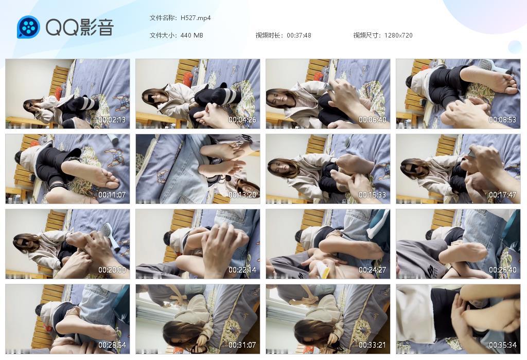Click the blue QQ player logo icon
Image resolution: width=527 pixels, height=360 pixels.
pos(28,27)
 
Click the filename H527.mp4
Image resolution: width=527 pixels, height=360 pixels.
pos(196,18)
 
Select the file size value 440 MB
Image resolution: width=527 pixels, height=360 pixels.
pos(192,35)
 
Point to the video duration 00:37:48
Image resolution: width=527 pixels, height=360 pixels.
pos(299,35)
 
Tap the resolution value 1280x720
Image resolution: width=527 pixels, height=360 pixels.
pos(398,35)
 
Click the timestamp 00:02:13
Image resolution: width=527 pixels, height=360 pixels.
pos(112,120)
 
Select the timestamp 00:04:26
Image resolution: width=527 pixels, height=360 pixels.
pos(242,120)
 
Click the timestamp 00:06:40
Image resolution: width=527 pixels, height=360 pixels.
pos(373,120)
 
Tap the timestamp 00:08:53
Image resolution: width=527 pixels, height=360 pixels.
pos(503,120)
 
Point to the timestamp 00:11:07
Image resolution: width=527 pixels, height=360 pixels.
pos(112,195)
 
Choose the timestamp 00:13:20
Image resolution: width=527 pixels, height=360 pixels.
pos(242,195)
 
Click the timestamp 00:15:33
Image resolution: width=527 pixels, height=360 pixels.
pos(373,195)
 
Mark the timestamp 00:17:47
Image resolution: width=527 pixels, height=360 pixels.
pos(503,195)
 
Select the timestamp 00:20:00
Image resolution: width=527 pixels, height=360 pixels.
pos(112,270)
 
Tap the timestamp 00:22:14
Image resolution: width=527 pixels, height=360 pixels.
pos(242,270)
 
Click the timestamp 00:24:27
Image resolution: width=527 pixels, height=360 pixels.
pos(373,270)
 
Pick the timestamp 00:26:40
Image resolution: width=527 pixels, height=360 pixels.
pos(503,270)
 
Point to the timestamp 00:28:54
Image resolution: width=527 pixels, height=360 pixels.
pos(112,345)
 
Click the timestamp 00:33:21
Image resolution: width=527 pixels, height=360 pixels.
pos(373,345)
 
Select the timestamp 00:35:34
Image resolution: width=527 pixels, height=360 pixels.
pos(503,345)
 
